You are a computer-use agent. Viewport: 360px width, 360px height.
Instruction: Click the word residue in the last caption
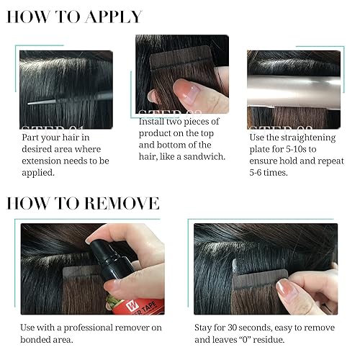point(295,340)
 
